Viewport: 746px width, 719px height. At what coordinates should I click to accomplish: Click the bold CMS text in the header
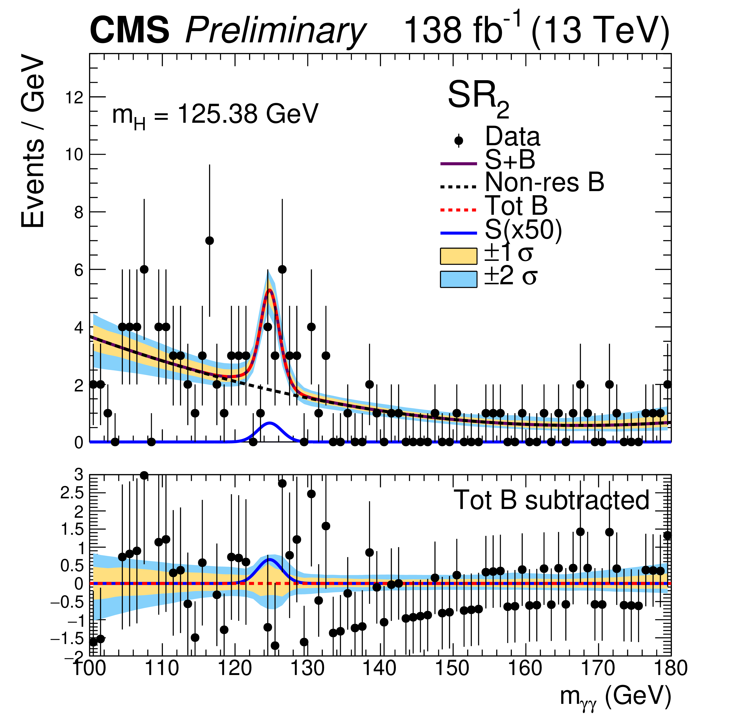tap(130, 31)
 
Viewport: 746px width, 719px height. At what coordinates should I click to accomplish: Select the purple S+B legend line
tap(458, 163)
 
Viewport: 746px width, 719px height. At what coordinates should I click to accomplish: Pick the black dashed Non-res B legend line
tap(458, 187)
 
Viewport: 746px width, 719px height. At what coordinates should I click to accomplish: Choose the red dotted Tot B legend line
tap(458, 210)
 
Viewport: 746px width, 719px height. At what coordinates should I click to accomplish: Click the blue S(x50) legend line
tap(458, 233)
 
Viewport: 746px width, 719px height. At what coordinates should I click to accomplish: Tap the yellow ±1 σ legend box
tap(458, 256)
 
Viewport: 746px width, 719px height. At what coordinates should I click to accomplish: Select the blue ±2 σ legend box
tap(458, 279)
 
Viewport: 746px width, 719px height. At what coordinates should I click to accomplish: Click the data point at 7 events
tap(209, 240)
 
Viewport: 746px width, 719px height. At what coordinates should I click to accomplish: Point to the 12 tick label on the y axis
tap(74, 98)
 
